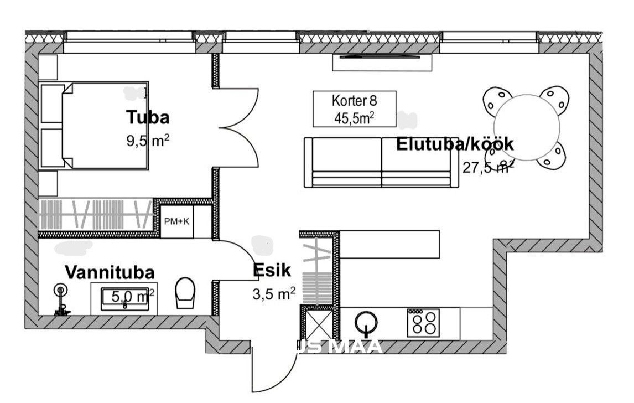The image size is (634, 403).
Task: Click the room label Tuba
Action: [x=147, y=117]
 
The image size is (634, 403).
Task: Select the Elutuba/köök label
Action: [x=455, y=144]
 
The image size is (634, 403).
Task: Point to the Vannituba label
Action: [x=110, y=272]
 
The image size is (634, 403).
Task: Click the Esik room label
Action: [x=272, y=270]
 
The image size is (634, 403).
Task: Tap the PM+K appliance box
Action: [x=176, y=221]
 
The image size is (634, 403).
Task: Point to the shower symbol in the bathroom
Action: [x=60, y=299]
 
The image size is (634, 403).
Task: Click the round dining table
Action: [x=527, y=127]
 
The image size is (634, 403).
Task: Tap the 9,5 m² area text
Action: [x=148, y=141]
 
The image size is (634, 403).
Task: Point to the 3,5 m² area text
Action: [x=274, y=293]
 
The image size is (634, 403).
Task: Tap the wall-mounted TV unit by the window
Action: [x=382, y=63]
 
